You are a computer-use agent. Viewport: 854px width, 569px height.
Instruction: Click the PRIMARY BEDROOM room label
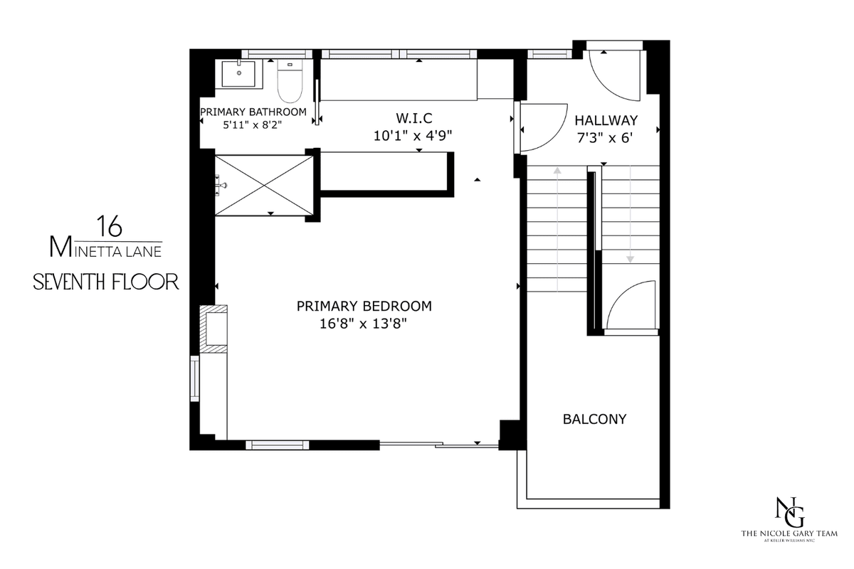tap(364, 306)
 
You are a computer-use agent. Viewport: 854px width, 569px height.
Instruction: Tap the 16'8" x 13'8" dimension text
tap(364, 324)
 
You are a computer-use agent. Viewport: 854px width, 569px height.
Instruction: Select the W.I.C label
tap(414, 118)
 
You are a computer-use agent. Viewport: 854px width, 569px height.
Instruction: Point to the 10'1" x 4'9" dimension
tap(413, 136)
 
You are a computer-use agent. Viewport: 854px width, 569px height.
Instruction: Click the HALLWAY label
tap(606, 120)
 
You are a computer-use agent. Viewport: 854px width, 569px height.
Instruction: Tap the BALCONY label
tap(595, 419)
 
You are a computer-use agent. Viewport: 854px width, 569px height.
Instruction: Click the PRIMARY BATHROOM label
tap(253, 112)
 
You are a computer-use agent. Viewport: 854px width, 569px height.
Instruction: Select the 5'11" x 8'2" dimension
tap(253, 125)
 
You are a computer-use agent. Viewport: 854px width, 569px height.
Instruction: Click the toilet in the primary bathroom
tap(290, 81)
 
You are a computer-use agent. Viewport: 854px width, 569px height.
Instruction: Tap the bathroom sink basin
tap(239, 73)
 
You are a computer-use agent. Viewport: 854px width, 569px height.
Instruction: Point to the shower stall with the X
tap(264, 186)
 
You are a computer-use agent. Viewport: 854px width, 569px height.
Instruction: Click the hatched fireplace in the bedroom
tap(213, 329)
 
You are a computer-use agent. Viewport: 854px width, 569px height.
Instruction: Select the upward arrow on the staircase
tap(557, 230)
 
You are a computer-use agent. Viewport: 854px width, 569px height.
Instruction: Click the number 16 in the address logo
tap(110, 226)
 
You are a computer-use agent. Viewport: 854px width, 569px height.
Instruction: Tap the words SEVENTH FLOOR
tap(106, 282)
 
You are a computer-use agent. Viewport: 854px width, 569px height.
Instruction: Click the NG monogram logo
tap(789, 512)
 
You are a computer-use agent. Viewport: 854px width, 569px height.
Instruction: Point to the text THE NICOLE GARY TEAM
tap(789, 533)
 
